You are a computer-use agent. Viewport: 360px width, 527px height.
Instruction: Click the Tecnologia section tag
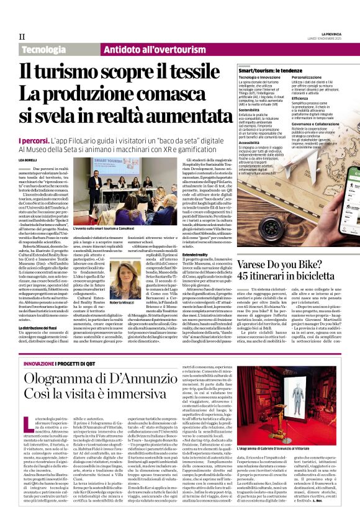(43, 48)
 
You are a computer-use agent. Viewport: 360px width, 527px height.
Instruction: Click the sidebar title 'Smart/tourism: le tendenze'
(271, 71)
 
